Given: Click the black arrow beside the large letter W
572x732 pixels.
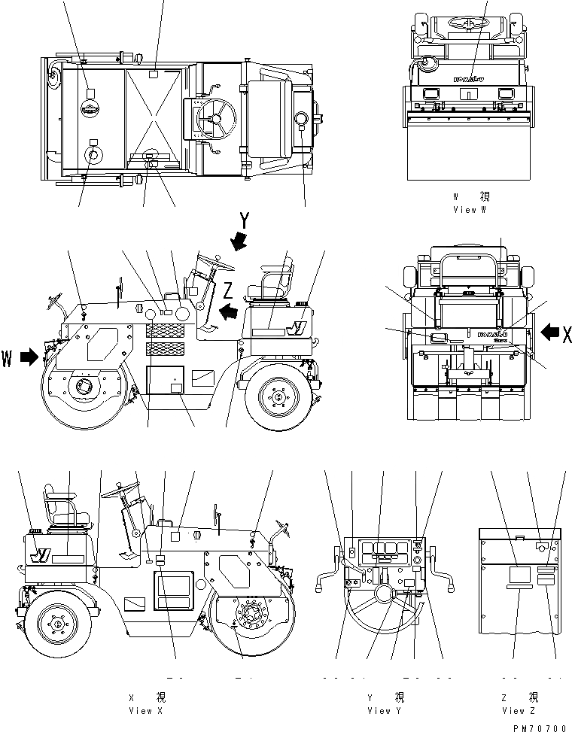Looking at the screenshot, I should (29, 357).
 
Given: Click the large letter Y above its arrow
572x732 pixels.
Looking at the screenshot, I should (245, 221).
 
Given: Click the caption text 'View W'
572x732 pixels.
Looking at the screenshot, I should (470, 210).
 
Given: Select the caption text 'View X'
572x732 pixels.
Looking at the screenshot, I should (140, 710).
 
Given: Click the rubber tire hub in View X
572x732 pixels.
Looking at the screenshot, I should (56, 622).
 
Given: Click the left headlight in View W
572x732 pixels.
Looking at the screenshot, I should (433, 93).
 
